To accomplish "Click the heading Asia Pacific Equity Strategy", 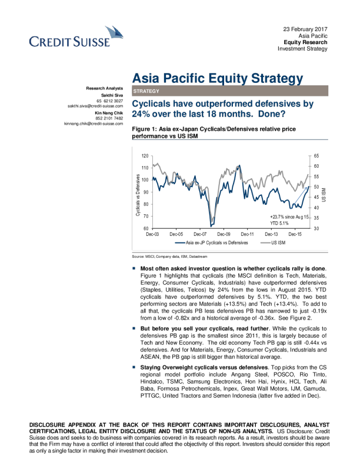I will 218,78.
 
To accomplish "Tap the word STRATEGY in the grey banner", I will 146,91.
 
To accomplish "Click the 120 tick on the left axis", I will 145,156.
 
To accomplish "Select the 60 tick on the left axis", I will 146,228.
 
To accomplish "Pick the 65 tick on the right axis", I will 316,156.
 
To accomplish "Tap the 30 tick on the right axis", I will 316,228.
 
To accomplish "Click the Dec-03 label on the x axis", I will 152,234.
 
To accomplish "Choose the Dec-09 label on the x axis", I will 224,234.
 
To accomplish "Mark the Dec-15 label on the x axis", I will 295,234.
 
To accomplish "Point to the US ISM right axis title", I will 323,192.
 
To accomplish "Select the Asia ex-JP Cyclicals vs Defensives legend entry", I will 212,242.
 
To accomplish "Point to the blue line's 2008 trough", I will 211,225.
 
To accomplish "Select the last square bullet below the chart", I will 134,368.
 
